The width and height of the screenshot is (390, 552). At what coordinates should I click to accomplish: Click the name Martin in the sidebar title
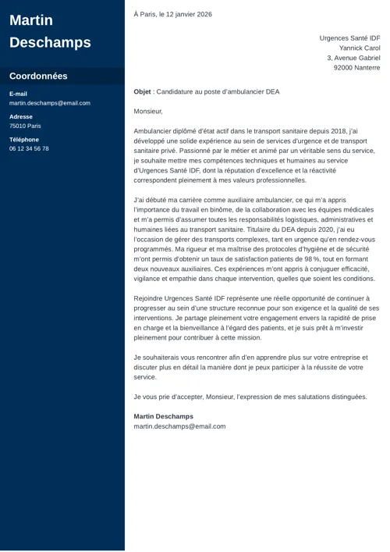pyautogui.click(x=31, y=20)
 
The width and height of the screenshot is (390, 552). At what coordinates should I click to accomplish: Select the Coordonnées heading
pyautogui.click(x=38, y=77)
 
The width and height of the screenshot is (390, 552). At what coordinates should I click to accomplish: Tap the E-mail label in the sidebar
pyautogui.click(x=18, y=94)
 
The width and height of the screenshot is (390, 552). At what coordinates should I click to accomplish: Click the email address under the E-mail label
pyautogui.click(x=50, y=103)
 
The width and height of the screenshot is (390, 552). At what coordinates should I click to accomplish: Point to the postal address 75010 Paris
pyautogui.click(x=26, y=126)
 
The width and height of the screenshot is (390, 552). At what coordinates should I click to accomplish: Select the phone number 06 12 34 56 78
pyautogui.click(x=29, y=148)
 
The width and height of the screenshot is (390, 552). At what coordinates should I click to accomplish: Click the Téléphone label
pyautogui.click(x=23, y=139)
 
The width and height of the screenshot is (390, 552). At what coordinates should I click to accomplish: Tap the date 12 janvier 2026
pyautogui.click(x=184, y=14)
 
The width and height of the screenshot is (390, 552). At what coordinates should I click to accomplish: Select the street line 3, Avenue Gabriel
pyautogui.click(x=353, y=58)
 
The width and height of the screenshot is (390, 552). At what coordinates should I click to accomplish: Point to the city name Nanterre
pyautogui.click(x=367, y=68)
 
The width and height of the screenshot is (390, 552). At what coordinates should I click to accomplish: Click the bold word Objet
pyautogui.click(x=142, y=91)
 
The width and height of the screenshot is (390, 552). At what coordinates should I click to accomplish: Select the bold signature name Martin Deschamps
pyautogui.click(x=163, y=416)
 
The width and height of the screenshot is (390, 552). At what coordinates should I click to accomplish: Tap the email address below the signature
pyautogui.click(x=179, y=426)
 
